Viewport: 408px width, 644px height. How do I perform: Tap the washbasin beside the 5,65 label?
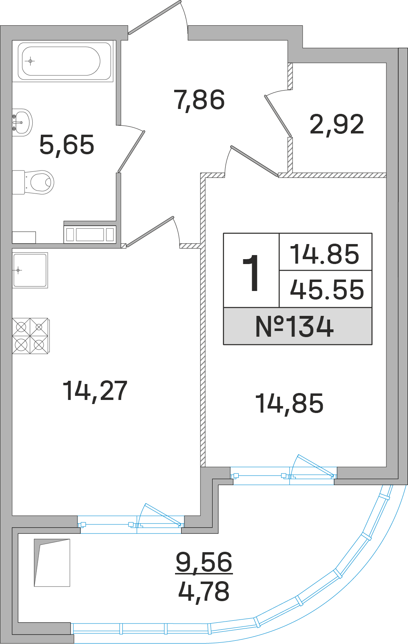(x=22, y=122)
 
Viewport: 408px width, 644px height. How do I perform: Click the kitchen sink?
(x=30, y=270)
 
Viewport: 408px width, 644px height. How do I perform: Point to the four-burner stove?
(x=30, y=336)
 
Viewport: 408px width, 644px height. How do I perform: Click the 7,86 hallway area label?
(x=199, y=100)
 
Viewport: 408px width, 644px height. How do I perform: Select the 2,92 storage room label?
(x=337, y=124)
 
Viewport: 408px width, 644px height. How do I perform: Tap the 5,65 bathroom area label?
(x=67, y=145)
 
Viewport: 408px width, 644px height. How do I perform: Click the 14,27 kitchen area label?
(x=95, y=391)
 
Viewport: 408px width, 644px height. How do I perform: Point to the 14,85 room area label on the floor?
(x=289, y=403)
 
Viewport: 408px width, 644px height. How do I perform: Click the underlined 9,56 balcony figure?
(x=204, y=562)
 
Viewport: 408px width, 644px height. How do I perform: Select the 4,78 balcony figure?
(x=204, y=591)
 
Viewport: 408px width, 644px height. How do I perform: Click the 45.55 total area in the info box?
(x=326, y=289)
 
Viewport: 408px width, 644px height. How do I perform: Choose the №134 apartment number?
(x=295, y=327)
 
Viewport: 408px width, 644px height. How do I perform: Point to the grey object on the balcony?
(x=52, y=562)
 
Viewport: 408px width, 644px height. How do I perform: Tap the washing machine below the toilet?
(x=90, y=234)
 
